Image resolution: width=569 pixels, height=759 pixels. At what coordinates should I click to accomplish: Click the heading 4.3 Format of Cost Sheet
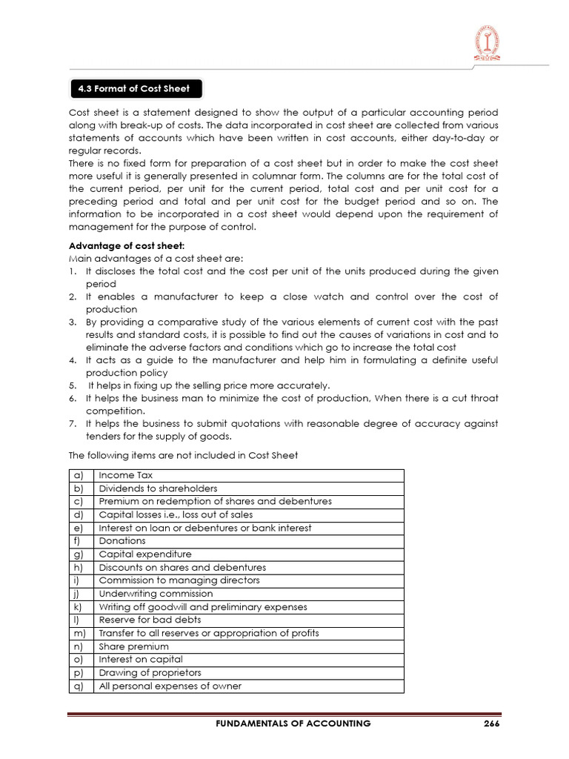pos(134,89)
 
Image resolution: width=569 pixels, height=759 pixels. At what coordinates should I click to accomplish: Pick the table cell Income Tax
pos(126,475)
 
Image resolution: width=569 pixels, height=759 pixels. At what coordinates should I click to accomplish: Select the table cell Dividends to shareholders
pos(158,488)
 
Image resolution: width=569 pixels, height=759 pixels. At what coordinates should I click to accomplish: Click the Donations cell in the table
pos(122,541)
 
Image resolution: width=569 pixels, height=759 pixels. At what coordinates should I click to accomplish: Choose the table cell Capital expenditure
pos(145,554)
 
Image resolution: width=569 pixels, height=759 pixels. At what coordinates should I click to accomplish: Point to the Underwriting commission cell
pos(156,594)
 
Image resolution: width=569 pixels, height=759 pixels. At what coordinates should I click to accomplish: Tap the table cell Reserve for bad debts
pos(150,620)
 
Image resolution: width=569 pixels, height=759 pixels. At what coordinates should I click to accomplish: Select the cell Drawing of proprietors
pos(150,673)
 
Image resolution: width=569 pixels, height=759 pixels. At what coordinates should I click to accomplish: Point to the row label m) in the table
pos(79,633)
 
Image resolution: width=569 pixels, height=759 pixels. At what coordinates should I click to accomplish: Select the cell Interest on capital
pos(141,660)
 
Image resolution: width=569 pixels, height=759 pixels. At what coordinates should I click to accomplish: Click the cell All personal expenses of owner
pos(170,686)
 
